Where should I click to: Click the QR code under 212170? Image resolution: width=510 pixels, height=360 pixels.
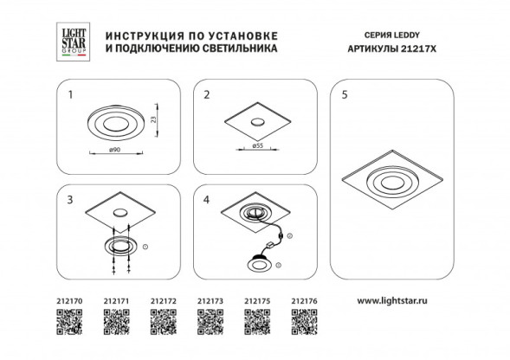(x=69, y=325)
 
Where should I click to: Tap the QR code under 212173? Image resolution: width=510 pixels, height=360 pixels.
(x=210, y=325)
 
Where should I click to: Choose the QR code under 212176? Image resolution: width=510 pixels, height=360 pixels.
(x=305, y=325)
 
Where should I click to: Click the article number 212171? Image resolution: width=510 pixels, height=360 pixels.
(x=116, y=302)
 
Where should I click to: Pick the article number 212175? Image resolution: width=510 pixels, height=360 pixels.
(x=257, y=302)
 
